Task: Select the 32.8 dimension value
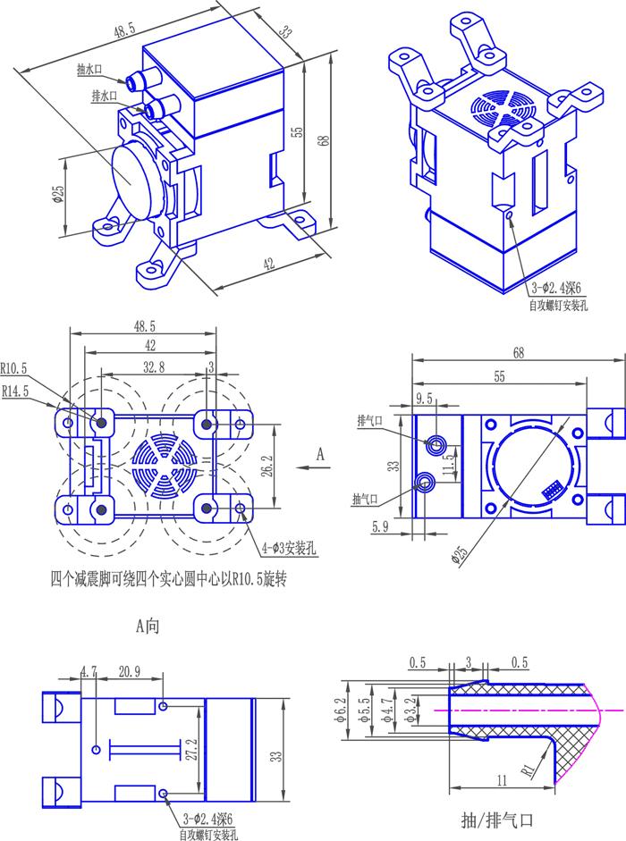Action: [153, 366]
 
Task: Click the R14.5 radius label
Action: [15, 391]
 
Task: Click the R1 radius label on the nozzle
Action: [529, 770]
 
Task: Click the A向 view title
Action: [148, 627]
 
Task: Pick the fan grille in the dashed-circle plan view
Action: [166, 466]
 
